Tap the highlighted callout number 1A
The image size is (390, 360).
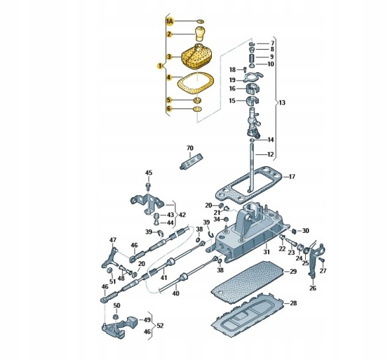coord(170,22)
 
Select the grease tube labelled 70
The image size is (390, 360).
coord(191,162)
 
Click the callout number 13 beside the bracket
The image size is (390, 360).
coord(282,103)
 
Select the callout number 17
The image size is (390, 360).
coord(292,177)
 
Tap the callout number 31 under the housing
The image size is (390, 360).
coord(266,252)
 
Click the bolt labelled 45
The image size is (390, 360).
coord(148,186)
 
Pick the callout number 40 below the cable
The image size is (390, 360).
coord(175,293)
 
